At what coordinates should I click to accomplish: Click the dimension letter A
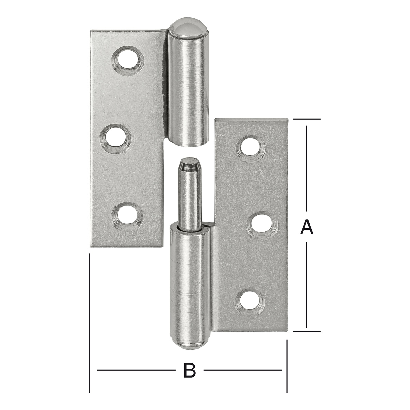(x=306, y=227)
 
